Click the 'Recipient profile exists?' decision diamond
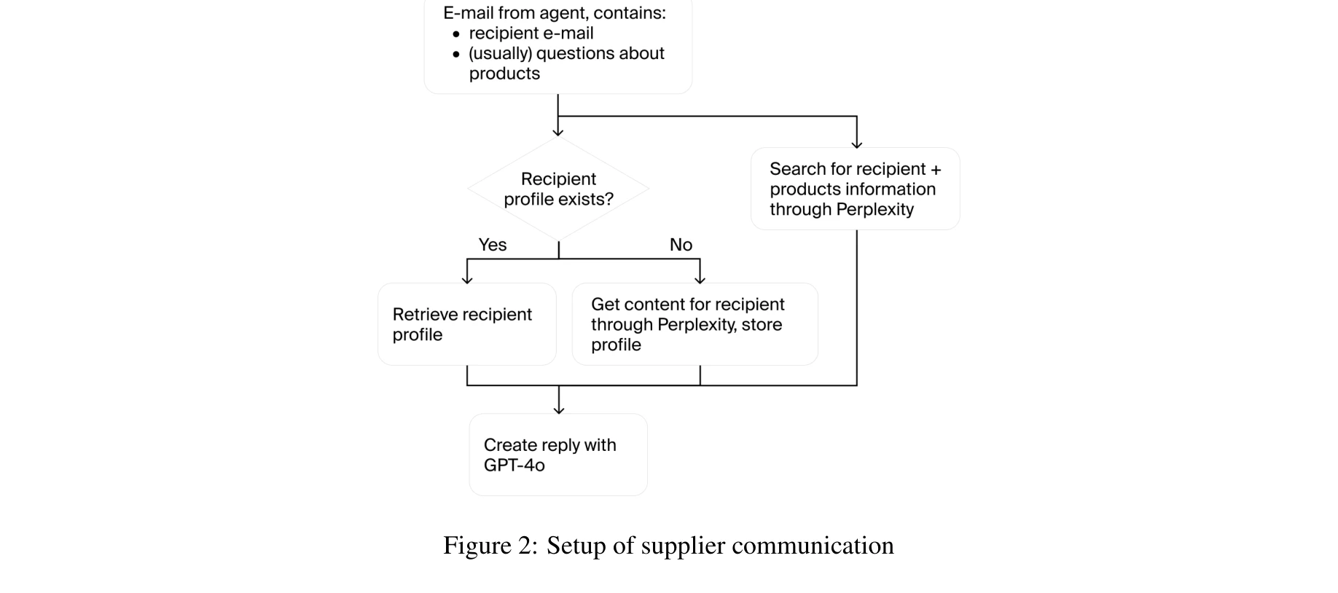[558, 189]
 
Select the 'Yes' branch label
[493, 245]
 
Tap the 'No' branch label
[681, 245]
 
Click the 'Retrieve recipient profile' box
[467, 324]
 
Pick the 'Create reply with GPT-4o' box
[558, 455]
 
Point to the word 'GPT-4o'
[514, 466]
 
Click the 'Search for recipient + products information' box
[855, 189]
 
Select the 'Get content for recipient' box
[695, 324]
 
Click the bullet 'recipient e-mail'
[531, 34]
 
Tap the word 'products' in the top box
[504, 74]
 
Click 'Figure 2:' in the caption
[490, 546]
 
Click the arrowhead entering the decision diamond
[558, 133]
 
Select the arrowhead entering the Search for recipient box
[857, 144]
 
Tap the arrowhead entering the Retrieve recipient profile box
[467, 280]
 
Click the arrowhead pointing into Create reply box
[559, 410]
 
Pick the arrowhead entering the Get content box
[700, 280]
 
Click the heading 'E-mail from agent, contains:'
[554, 13]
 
